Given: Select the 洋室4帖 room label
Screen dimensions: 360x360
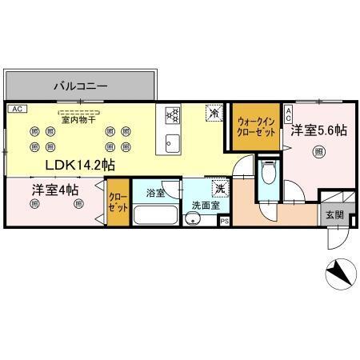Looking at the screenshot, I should coord(55,190).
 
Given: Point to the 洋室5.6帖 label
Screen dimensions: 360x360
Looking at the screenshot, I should coord(318,130).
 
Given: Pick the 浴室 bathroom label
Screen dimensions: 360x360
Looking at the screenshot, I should coord(156,193).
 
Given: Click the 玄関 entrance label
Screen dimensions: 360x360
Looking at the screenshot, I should coord(334,215).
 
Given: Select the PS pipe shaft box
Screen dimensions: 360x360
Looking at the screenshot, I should coord(225,221).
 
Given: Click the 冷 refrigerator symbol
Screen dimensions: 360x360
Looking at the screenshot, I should coord(214,113).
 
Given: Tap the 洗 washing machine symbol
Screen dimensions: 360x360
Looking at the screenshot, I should coord(219,189).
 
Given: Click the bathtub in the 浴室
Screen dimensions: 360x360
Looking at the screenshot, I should coord(155,215).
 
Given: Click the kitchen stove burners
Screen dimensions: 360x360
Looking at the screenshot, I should coord(171,115).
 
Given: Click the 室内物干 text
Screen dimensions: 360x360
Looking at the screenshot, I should coord(78,120).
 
